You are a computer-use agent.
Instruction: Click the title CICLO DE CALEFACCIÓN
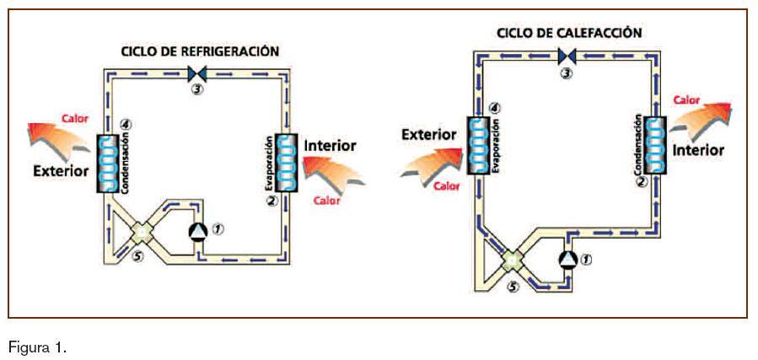pos(569,33)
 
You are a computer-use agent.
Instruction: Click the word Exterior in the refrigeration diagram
pos(61,171)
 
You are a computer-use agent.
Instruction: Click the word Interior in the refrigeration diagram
pos(330,146)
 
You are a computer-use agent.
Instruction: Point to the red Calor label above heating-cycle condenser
pos(686,99)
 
